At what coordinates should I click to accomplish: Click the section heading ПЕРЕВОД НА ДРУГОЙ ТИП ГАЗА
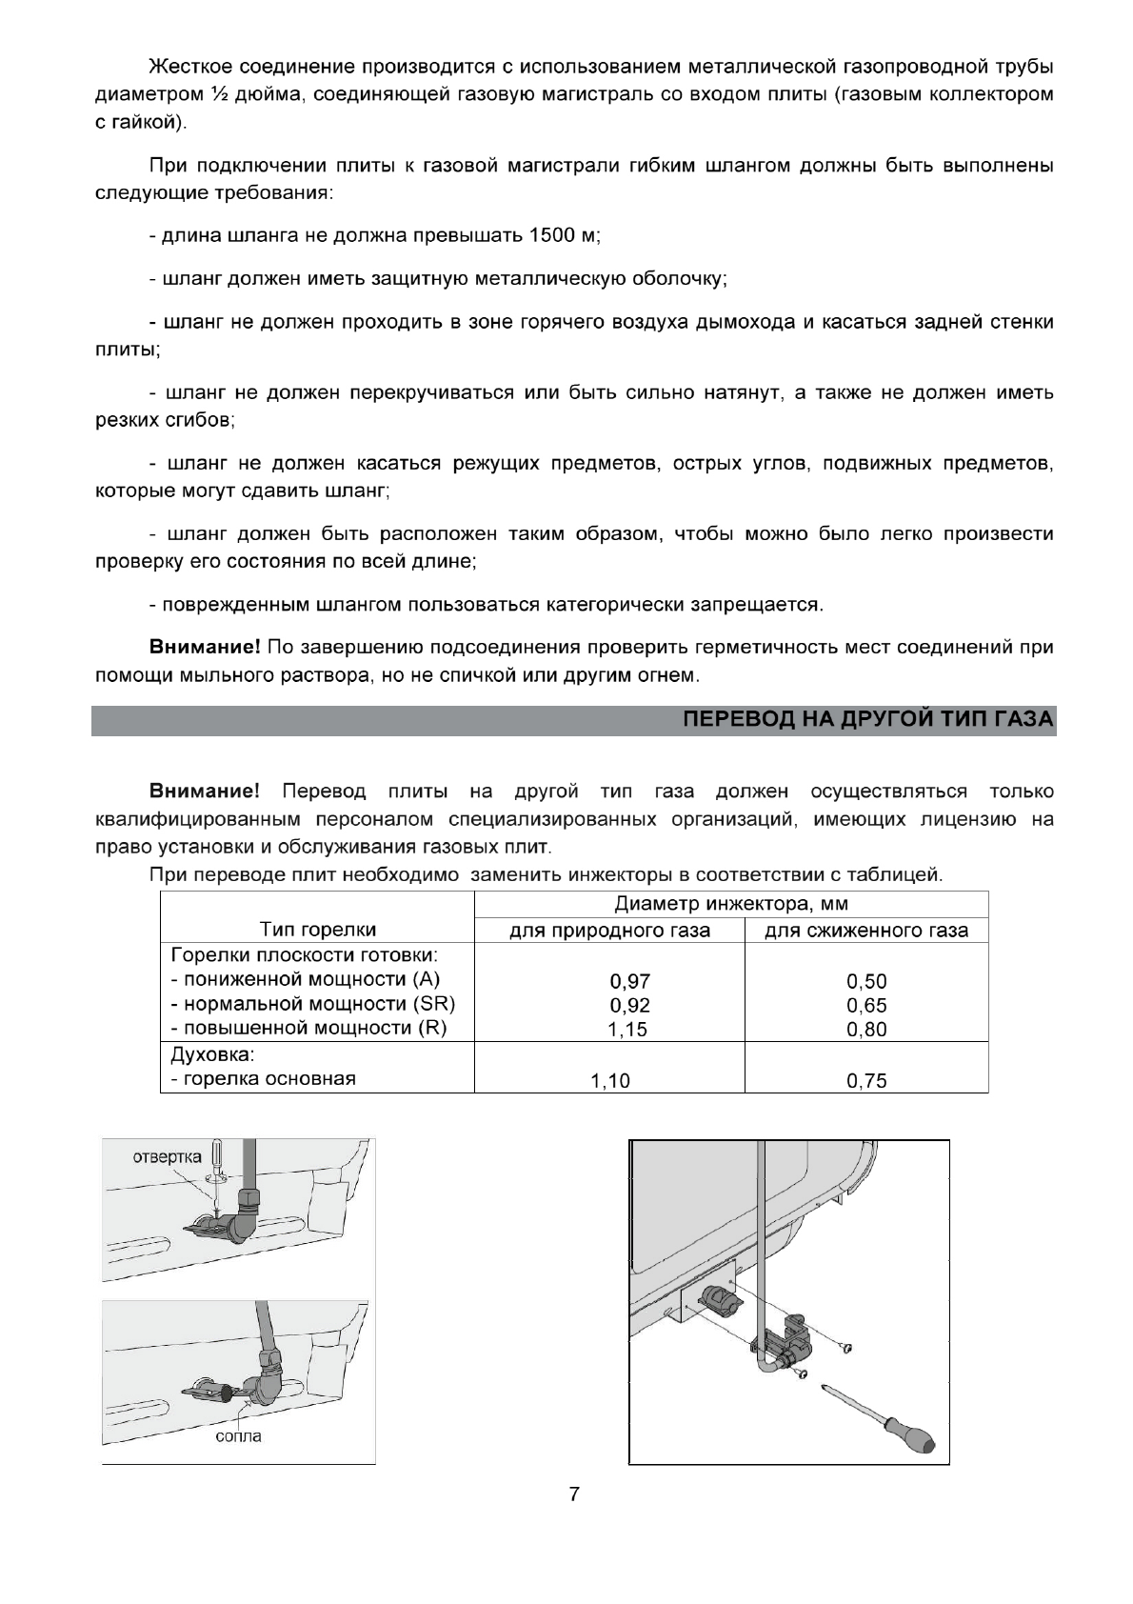tap(868, 720)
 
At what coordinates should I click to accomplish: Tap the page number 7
tap(573, 1494)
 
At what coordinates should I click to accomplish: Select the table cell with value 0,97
tap(629, 982)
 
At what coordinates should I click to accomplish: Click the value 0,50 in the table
tap(866, 982)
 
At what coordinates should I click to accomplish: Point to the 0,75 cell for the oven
tap(866, 1081)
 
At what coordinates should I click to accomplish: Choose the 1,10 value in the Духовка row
tap(610, 1081)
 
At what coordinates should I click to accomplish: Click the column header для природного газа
tap(609, 931)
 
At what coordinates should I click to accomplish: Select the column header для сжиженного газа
tap(866, 931)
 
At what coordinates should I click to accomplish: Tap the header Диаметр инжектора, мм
tap(730, 904)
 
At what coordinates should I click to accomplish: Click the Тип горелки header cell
tap(318, 930)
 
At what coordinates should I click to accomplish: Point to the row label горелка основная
tap(263, 1078)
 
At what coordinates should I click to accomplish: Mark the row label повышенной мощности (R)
tap(308, 1028)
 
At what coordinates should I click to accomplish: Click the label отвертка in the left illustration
tap(167, 1156)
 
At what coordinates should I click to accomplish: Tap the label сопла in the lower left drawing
tap(238, 1435)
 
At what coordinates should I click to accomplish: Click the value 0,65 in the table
tap(866, 1006)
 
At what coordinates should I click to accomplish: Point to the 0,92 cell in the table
tap(629, 1006)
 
